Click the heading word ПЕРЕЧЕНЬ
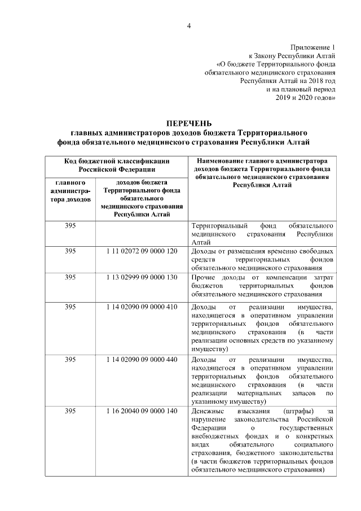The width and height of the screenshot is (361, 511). click(188, 123)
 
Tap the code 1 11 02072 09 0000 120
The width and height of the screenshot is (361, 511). click(142, 250)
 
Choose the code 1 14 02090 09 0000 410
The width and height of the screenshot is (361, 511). click(142, 307)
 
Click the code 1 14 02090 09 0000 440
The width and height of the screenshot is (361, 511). click(142, 359)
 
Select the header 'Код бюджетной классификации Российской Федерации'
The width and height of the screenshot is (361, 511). click(117, 164)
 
